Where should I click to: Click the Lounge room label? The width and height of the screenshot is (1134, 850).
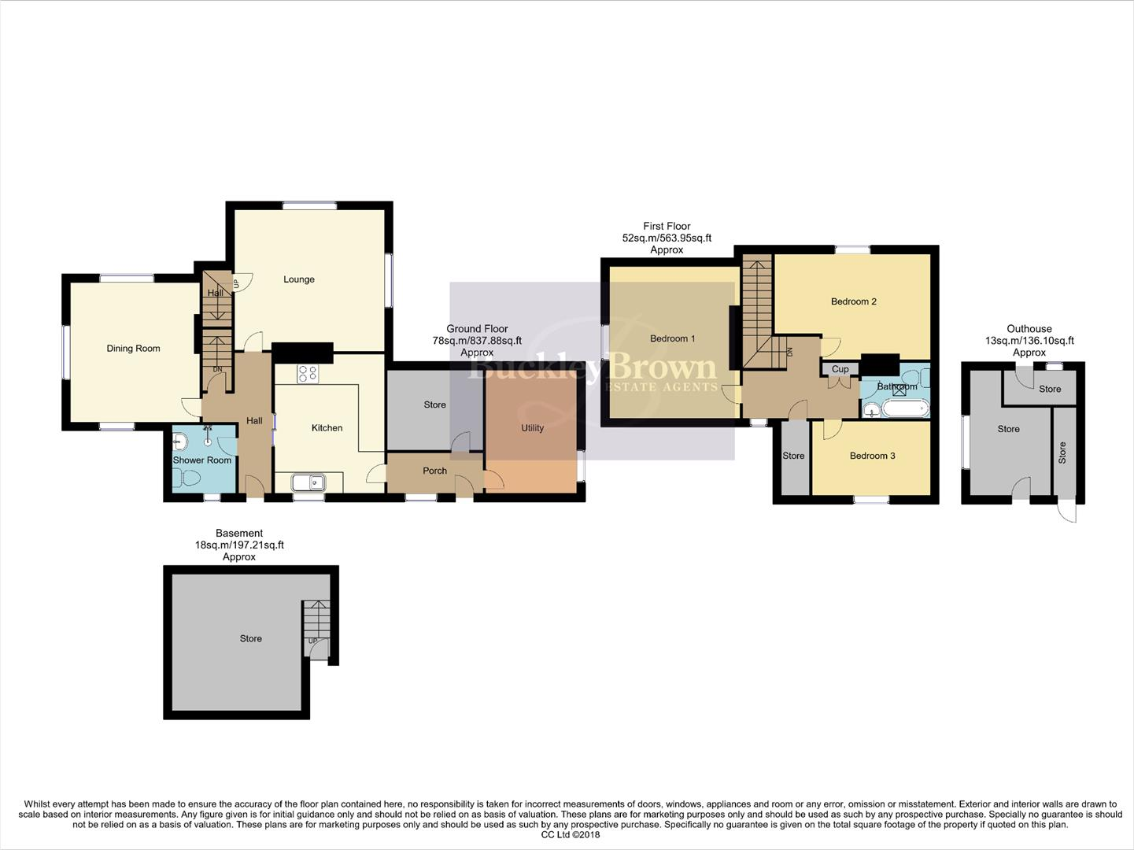299,279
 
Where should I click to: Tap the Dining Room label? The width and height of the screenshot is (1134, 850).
133,349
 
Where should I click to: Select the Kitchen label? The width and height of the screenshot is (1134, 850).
327,428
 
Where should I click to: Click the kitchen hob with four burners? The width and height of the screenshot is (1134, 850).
308,375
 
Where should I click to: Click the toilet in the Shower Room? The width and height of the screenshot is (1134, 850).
189,478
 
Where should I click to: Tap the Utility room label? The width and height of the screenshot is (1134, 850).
532,428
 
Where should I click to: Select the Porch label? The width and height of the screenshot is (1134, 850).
434,471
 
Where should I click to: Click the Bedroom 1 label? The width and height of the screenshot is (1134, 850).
672,339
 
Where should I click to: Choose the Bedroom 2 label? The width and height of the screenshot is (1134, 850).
853,301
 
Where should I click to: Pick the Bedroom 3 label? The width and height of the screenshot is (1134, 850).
872,456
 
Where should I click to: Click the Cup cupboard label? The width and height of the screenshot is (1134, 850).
840,369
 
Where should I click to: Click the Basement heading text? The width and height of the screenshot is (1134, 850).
239,534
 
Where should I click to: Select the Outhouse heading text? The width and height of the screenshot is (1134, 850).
1029,329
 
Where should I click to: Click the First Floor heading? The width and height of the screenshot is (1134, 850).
667,226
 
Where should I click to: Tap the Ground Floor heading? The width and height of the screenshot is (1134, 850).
477,329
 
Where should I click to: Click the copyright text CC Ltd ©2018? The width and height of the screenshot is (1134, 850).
571,835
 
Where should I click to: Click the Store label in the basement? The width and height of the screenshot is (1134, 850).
250,638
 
